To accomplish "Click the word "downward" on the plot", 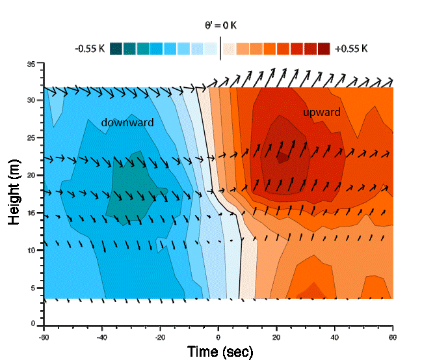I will (127, 122).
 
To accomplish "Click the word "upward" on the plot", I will (321, 113).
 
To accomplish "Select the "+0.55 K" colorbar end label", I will (351, 49).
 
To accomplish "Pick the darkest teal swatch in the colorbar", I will (116, 49).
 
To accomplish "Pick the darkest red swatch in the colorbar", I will (324, 49).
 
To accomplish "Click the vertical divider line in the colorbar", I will (220, 48).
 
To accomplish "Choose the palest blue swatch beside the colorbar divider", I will (210, 49).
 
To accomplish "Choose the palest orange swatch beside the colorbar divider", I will (230, 49).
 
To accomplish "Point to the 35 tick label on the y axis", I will (31, 64).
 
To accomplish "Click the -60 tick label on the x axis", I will (44, 337).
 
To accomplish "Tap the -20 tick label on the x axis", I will (160, 337).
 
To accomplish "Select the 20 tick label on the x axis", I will (276, 337).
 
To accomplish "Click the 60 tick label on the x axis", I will (391, 337).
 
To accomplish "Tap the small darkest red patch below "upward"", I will (282, 157).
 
